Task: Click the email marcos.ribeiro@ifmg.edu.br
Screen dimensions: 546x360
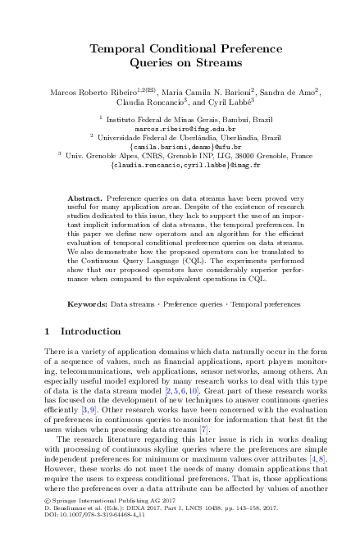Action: pyautogui.click(x=180, y=129)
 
